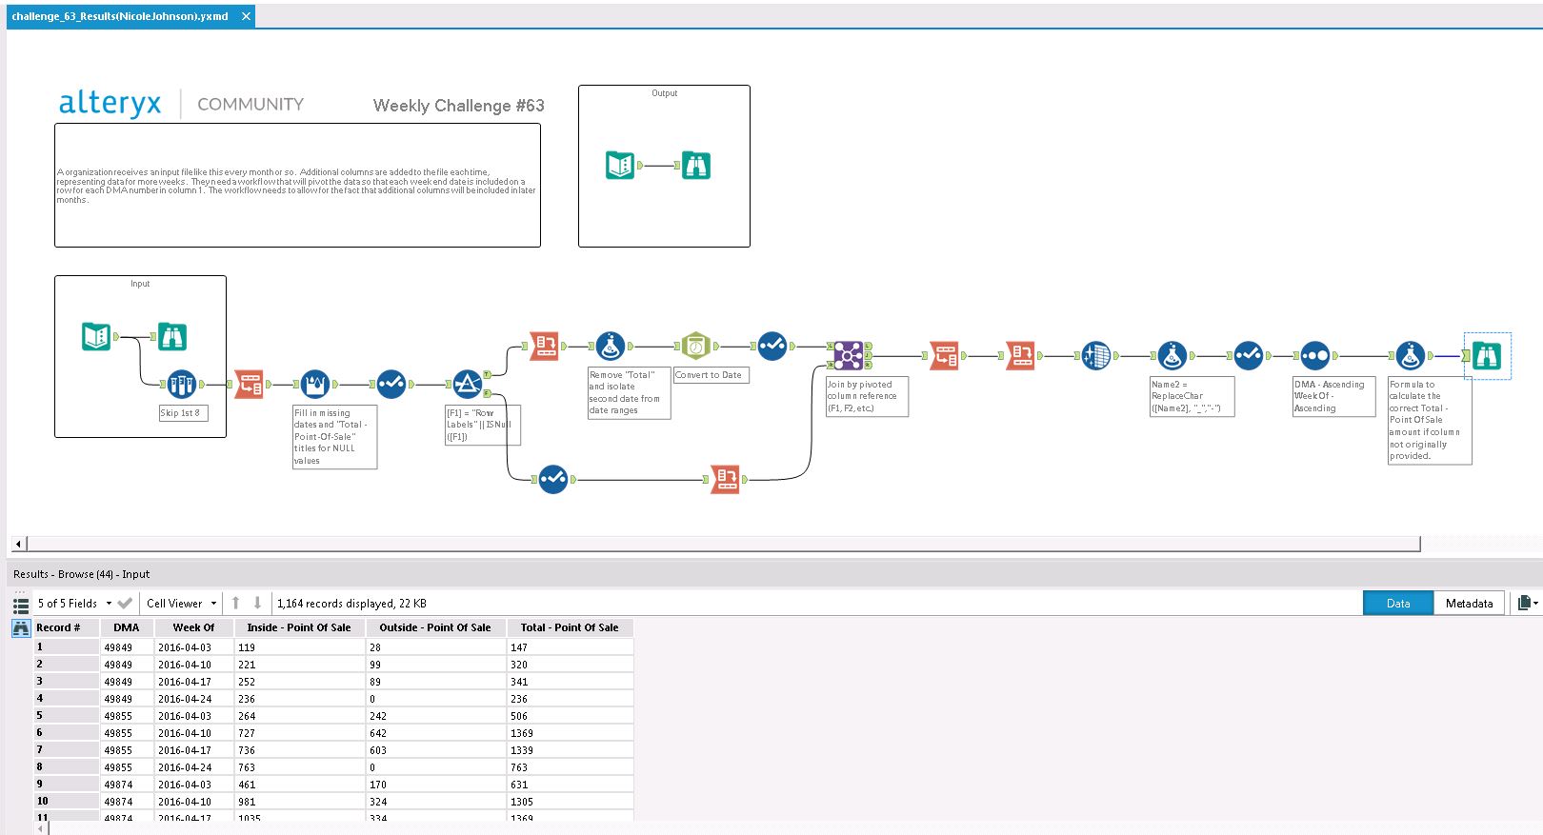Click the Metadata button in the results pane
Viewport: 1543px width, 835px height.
1469,604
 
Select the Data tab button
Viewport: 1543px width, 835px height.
1397,604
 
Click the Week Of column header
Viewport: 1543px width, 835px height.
193,627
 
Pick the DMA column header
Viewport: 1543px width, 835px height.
126,627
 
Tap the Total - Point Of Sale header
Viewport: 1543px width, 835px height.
570,627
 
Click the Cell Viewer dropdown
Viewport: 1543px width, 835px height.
181,604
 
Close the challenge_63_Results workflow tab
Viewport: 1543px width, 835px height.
246,16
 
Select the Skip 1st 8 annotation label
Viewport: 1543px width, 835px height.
180,413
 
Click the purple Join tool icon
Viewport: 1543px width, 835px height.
848,355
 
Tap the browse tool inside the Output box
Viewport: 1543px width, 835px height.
696,166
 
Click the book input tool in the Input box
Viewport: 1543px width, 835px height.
96,336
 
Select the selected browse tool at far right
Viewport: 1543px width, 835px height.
1487,356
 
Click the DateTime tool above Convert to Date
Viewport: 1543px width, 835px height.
696,347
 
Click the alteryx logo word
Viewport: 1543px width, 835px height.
110,103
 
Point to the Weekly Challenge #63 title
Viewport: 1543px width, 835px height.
458,106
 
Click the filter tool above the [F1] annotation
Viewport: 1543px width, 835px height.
467,384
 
